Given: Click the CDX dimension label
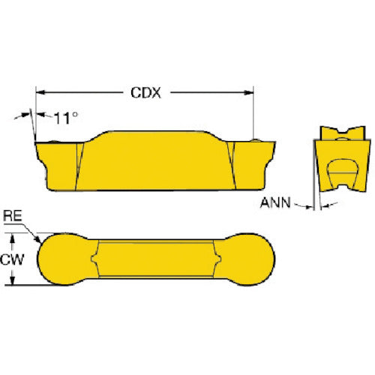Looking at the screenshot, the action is click(x=145, y=93).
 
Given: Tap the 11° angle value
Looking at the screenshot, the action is click(x=65, y=118).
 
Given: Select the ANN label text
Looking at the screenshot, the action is click(x=275, y=202).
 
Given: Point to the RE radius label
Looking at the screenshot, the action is click(x=13, y=216).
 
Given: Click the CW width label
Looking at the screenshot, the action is click(x=12, y=259).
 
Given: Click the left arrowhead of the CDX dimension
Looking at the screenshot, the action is click(x=40, y=92).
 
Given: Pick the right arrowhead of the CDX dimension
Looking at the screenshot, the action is click(x=249, y=93).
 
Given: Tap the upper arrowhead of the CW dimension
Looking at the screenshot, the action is click(x=12, y=238).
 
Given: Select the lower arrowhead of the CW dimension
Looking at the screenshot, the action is click(x=12, y=280).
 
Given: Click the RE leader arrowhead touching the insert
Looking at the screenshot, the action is click(x=37, y=239).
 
